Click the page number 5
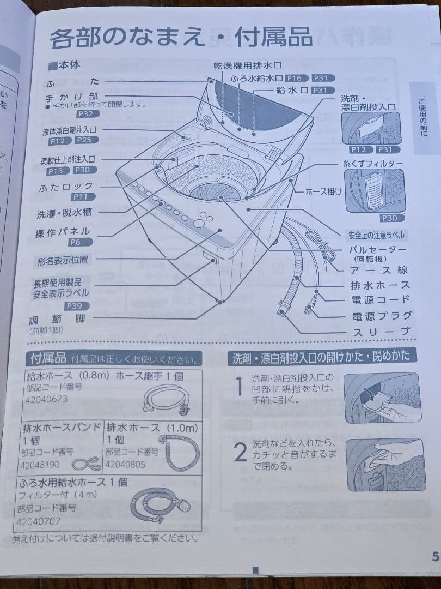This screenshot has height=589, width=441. (436, 556)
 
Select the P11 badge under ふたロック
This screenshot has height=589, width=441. (83, 196)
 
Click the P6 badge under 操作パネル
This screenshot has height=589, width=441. (80, 242)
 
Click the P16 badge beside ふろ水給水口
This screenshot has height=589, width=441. (296, 78)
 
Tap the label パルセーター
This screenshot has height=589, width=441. (377, 249)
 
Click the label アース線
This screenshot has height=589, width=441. (378, 270)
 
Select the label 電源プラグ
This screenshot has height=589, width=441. (381, 316)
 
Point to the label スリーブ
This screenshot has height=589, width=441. (381, 332)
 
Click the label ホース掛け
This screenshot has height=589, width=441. (323, 191)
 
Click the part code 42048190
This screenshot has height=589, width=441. (40, 465)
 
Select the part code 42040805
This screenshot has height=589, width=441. (125, 464)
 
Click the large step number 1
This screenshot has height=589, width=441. (239, 387)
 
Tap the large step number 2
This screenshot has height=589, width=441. (240, 452)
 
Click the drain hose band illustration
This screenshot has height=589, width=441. (87, 464)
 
